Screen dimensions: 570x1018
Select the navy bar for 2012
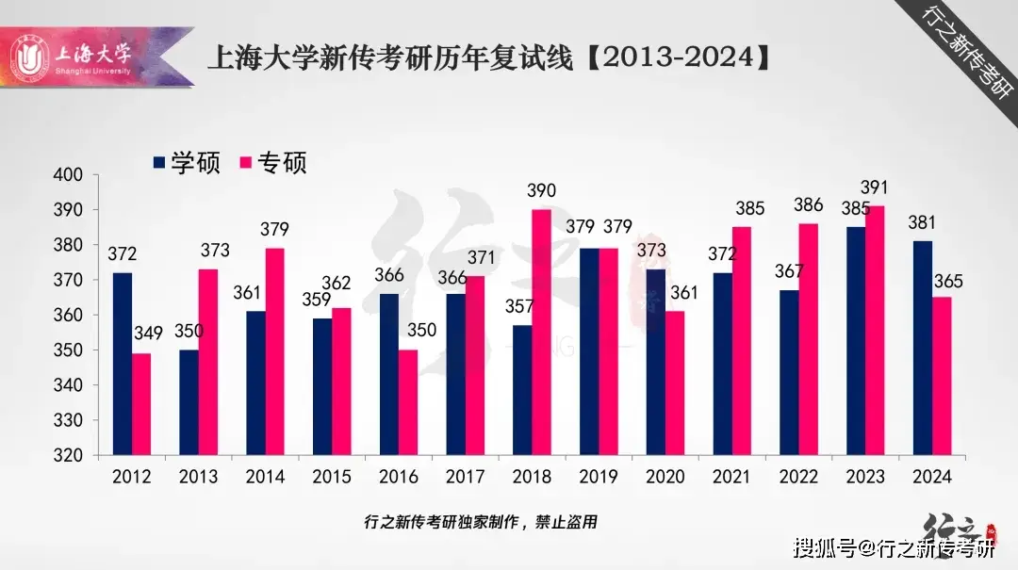pos(122,364)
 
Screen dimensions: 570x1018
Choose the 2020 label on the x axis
pos(665,477)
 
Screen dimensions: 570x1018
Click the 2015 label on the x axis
pos(332,477)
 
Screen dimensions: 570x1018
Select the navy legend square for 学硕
pos(159,163)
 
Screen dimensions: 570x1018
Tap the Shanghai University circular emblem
pos(30,58)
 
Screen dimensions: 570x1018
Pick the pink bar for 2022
pos(808,339)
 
